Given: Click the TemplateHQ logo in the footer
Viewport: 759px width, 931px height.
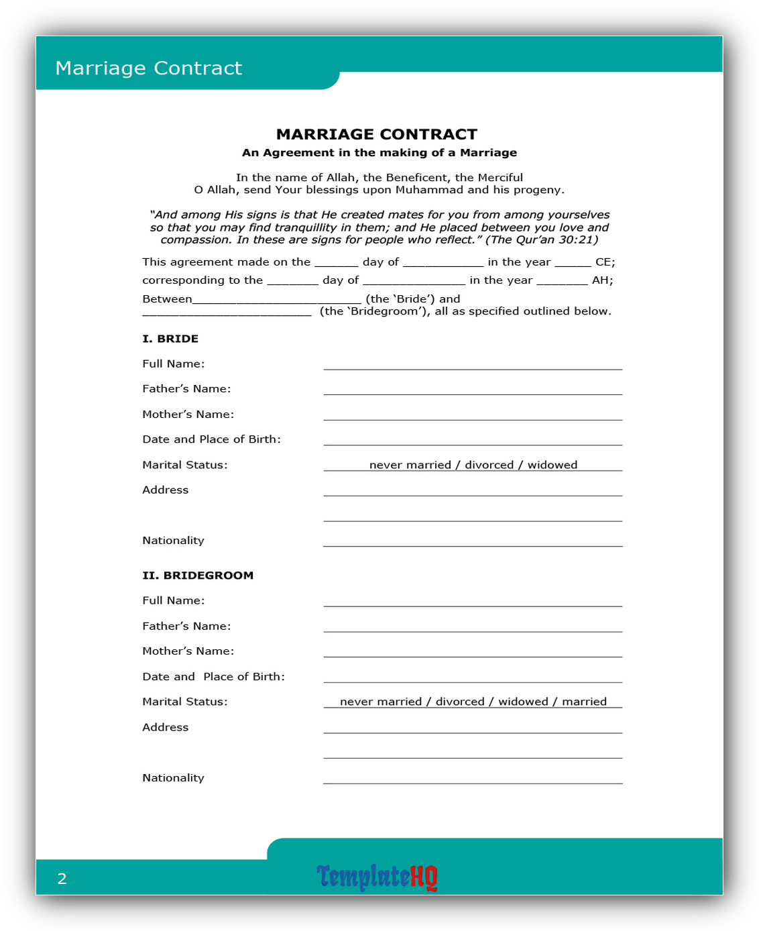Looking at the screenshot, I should tap(377, 877).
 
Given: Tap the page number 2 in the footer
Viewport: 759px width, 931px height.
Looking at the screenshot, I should tap(62, 879).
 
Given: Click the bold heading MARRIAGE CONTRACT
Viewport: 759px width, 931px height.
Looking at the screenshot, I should tap(377, 134).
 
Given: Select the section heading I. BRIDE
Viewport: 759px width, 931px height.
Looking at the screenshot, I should tap(170, 339).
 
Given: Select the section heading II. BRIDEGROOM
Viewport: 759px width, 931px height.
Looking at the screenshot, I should tap(198, 576).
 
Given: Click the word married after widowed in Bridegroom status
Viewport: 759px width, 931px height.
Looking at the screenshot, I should tap(584, 702).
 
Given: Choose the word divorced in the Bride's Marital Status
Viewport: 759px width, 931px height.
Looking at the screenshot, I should tap(489, 465).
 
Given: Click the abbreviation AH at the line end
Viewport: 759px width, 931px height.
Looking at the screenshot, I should tap(602, 280).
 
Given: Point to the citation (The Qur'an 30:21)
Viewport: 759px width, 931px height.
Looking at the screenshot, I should tap(542, 239).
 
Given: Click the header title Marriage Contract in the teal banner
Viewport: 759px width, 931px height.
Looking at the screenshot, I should tap(149, 68).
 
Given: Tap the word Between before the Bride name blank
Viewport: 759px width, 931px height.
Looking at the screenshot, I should tap(167, 299).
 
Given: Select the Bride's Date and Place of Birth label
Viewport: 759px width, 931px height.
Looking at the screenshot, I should tap(211, 439).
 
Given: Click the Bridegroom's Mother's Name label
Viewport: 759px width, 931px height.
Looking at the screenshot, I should tap(188, 651).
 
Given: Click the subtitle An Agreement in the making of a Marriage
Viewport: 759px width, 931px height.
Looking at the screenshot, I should tap(379, 153).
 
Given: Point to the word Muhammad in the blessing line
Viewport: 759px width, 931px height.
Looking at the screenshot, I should tap(429, 190).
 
